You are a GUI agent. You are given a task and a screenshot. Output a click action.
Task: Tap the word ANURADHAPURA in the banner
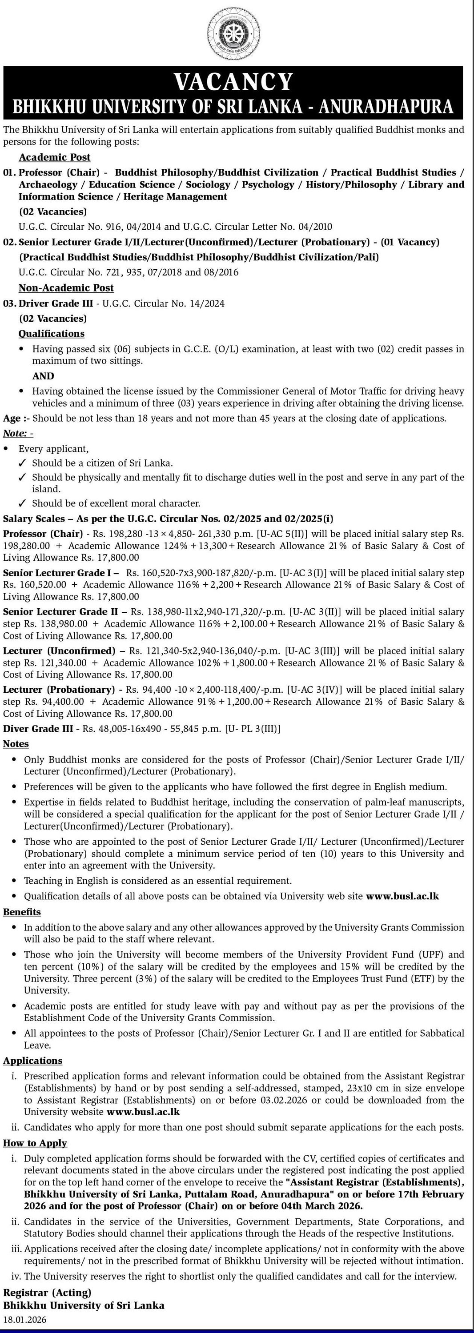coord(386,106)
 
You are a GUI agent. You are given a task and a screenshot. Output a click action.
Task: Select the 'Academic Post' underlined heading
coord(54,157)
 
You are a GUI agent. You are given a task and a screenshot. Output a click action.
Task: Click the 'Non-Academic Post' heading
coord(66,288)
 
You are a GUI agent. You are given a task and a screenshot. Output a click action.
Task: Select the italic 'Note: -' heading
coord(18,433)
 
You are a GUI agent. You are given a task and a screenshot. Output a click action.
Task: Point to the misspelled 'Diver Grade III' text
coord(38,729)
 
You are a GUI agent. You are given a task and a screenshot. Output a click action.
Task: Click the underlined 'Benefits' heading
coord(22,912)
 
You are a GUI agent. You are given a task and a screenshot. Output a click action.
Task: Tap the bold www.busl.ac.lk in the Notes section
coord(402,896)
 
